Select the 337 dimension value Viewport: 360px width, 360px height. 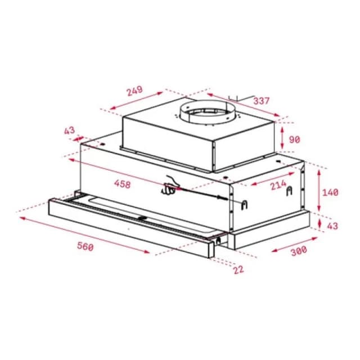[x=262, y=101]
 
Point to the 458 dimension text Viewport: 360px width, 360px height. [x=122, y=184]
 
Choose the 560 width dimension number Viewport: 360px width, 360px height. [x=85, y=246]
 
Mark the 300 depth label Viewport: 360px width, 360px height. [x=298, y=251]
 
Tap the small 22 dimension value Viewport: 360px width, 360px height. [x=238, y=269]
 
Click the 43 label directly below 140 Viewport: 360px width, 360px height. [x=332, y=226]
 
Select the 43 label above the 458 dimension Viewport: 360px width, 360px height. [x=69, y=130]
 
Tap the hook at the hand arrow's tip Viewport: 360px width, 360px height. [x=245, y=203]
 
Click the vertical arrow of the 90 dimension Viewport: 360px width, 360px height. [x=281, y=135]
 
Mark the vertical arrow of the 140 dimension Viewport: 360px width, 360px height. [x=319, y=192]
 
